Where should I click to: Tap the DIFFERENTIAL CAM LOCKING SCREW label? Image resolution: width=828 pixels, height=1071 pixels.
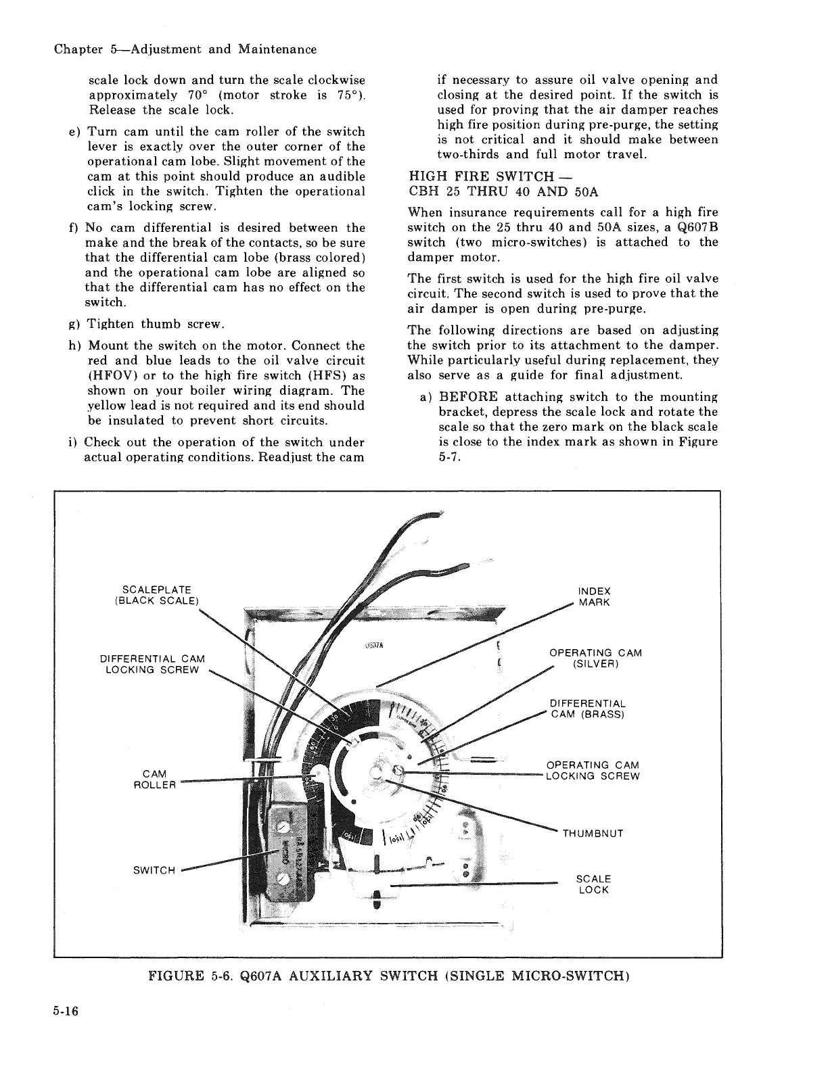(152, 664)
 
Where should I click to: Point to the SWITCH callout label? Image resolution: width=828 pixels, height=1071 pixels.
(154, 870)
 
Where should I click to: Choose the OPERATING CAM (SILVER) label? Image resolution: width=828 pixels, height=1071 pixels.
(595, 658)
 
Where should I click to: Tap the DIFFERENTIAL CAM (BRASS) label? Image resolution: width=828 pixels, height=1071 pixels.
(587, 709)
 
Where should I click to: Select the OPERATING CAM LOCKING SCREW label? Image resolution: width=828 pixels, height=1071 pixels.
(593, 771)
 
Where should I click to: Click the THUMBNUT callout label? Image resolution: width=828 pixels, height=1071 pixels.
(593, 833)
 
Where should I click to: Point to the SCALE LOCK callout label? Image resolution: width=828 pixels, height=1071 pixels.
(593, 884)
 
